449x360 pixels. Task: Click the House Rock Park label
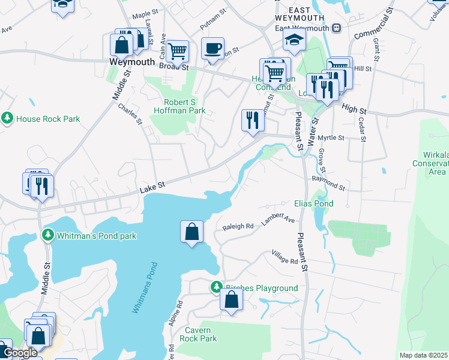pos(48,119)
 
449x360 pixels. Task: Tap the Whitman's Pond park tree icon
pos(48,236)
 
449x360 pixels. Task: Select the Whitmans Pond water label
pos(145,287)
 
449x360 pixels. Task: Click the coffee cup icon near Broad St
pos(212,49)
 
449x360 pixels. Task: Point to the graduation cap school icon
pos(295,40)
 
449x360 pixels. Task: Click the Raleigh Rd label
pos(238,227)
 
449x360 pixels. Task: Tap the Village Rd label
pos(285,257)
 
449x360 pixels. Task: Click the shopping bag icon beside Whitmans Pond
pos(191,232)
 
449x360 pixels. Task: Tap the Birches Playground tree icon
pos(216,288)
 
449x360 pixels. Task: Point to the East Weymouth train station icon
pos(337,28)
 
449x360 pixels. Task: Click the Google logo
pos(20,353)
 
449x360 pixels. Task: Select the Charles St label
pos(130,114)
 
